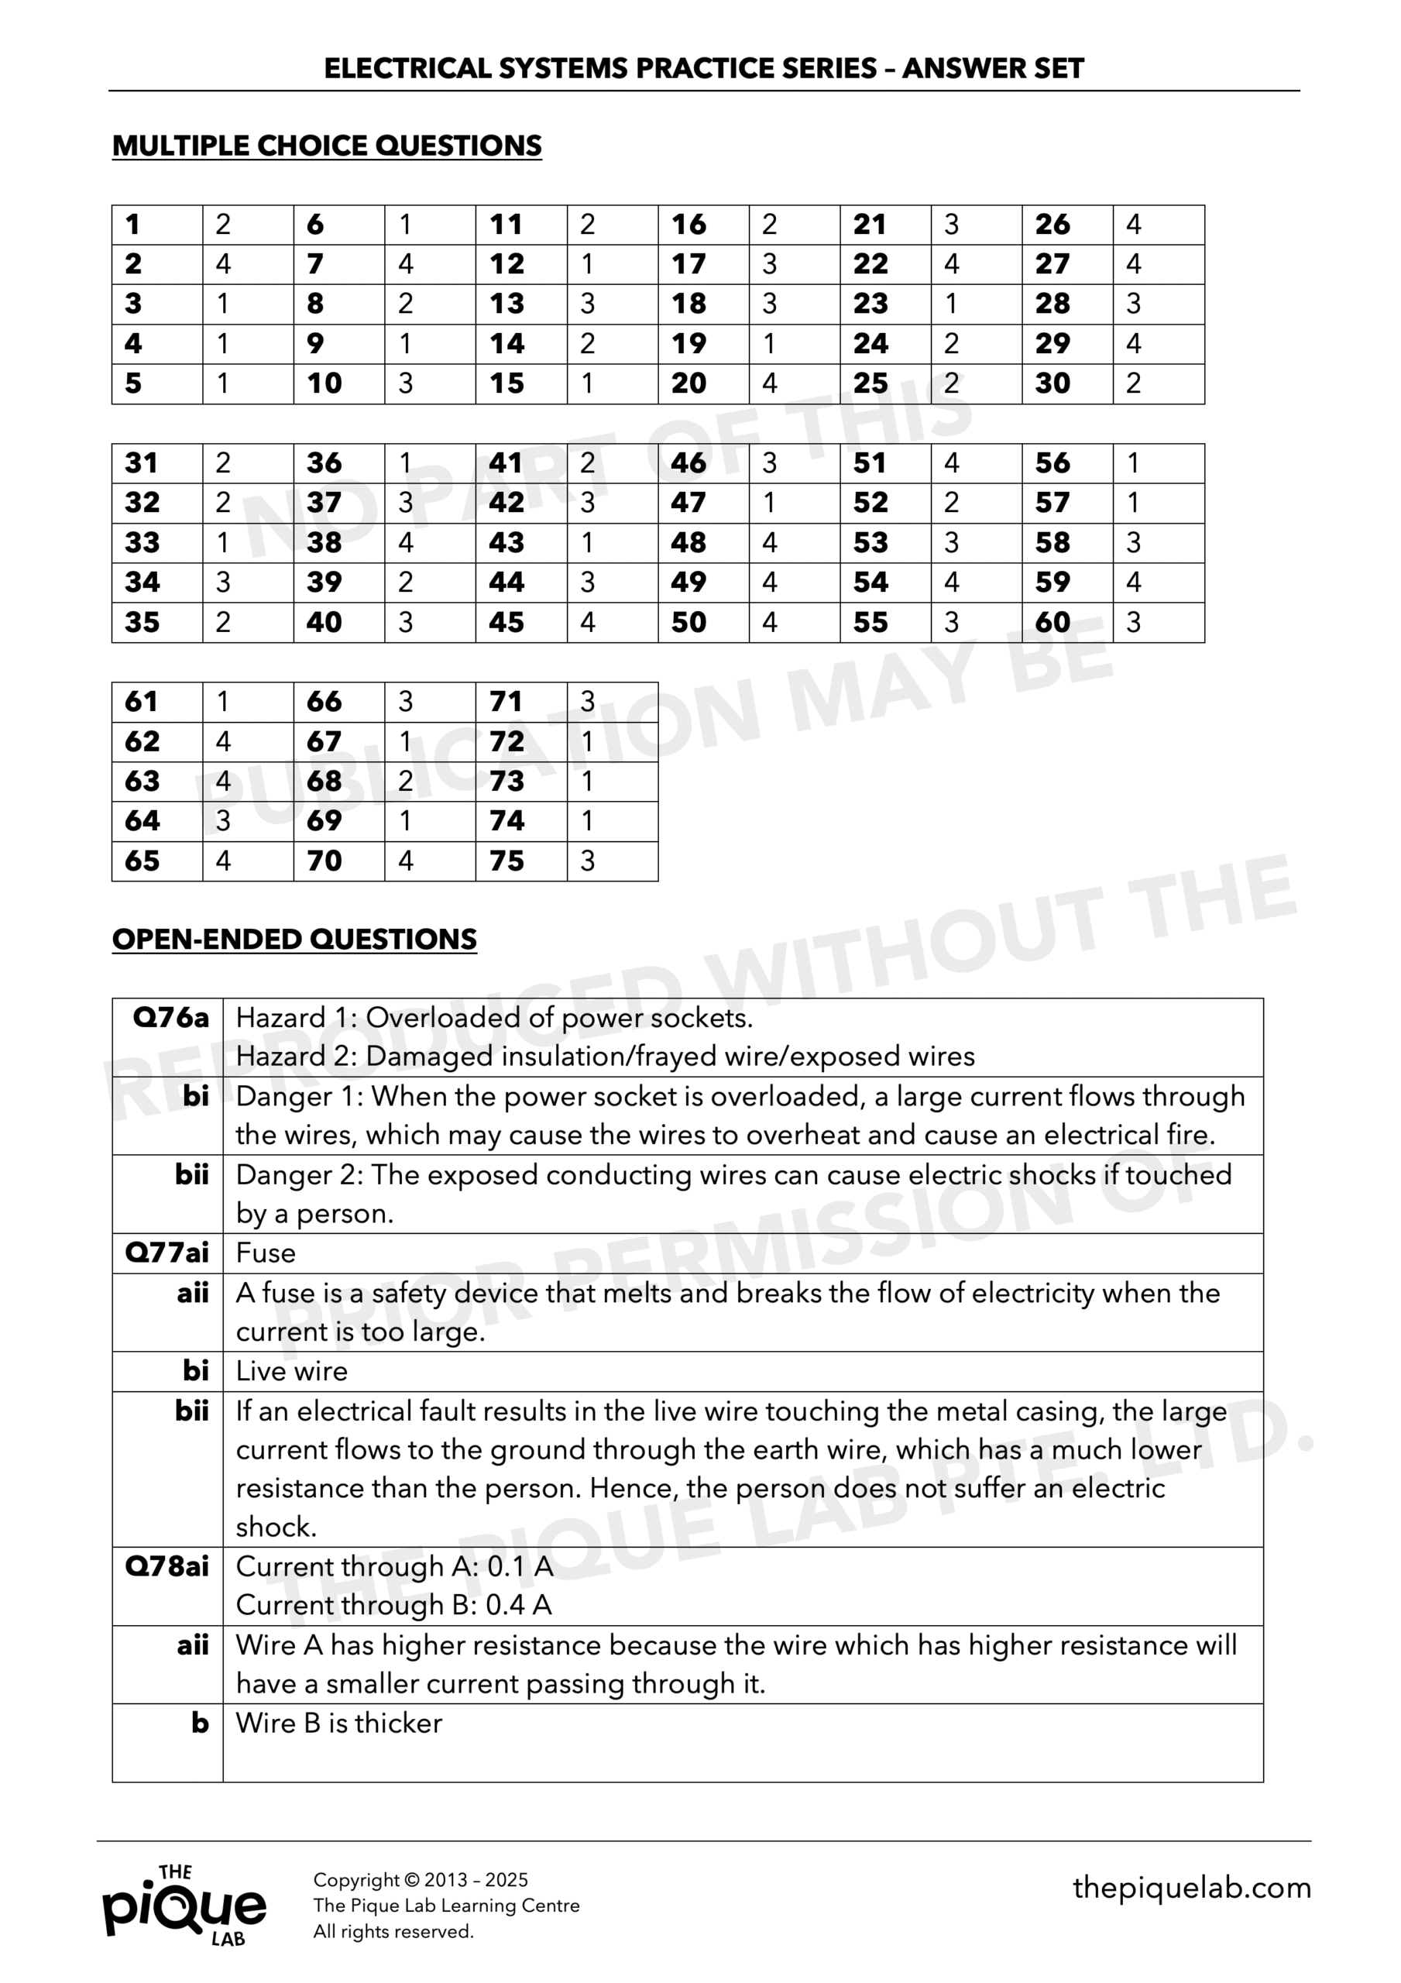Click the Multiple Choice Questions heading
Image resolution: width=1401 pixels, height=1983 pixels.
click(327, 145)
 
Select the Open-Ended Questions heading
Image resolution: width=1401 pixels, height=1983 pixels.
click(294, 939)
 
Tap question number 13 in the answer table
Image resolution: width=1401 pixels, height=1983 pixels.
click(506, 304)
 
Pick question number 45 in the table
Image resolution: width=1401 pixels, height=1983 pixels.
click(506, 622)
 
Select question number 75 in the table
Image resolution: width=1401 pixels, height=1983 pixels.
click(506, 861)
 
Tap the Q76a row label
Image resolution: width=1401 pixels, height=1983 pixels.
click(170, 1019)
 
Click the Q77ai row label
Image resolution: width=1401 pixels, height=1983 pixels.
click(167, 1253)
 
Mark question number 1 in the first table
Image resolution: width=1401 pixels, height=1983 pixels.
click(132, 225)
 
